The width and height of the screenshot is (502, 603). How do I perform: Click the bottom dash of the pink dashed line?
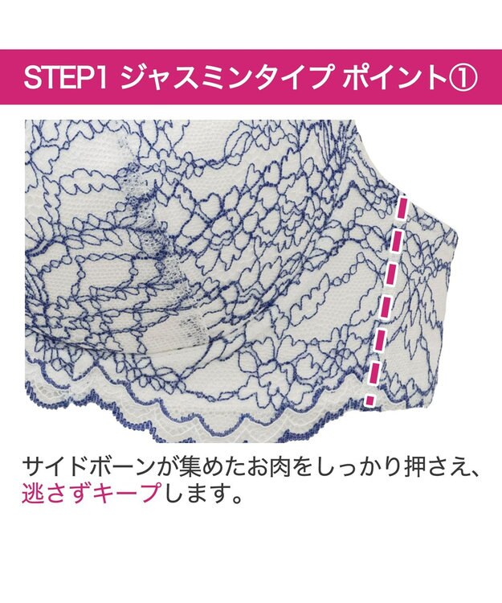(x=370, y=399)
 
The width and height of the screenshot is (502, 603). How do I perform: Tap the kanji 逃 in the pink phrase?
(x=33, y=492)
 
